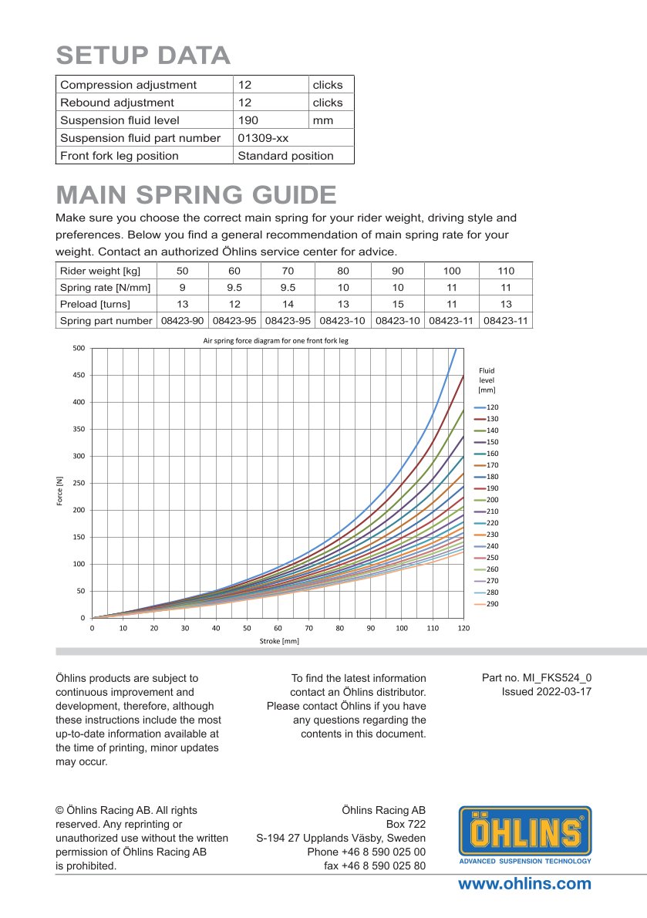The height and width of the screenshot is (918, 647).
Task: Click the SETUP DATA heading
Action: coord(143,56)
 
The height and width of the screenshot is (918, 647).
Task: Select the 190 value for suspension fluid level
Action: coord(248,120)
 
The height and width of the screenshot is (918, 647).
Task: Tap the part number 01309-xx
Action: coord(263,138)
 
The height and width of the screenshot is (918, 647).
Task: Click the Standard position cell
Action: coord(285,156)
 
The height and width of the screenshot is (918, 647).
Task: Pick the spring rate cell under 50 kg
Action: coord(183,287)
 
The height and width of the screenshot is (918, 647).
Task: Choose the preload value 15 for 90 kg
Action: coord(398,304)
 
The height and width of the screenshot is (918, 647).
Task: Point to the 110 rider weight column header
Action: coord(506,271)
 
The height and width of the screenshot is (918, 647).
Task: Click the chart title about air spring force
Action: coord(275,340)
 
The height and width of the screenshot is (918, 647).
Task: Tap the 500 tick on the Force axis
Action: coord(79,349)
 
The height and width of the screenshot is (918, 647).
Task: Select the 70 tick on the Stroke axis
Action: coord(308,629)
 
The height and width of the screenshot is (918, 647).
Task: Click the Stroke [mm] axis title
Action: coord(278,641)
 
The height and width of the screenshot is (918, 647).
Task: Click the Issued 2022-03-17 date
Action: coord(547,691)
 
